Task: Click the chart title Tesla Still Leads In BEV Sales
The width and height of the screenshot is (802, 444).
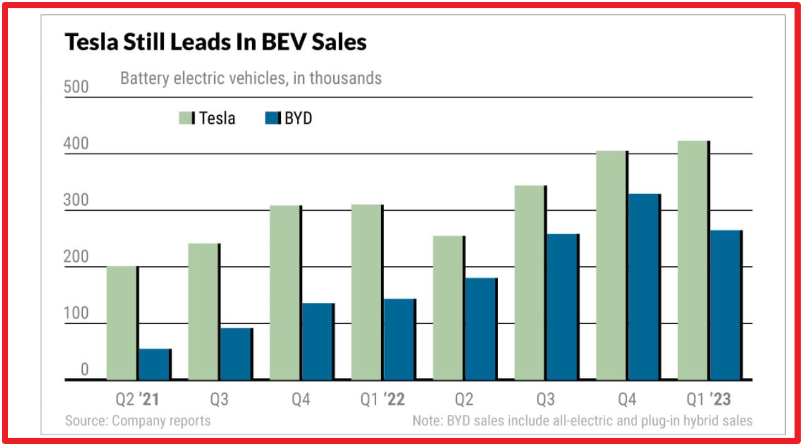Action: pos(216,42)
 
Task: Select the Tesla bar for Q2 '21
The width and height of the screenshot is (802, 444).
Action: pos(122,323)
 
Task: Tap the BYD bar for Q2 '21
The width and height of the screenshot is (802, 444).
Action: pos(154,364)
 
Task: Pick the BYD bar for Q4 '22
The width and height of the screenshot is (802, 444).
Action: pos(644,287)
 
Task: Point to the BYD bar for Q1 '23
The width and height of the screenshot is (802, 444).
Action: pos(725,305)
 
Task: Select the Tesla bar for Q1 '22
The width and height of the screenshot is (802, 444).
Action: pos(367,292)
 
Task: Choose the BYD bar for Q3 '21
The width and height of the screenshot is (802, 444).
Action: pos(236,354)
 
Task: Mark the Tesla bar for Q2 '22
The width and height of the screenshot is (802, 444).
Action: pos(448,308)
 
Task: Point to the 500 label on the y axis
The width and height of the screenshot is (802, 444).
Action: pos(77,88)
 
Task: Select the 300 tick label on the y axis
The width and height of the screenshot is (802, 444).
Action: pos(77,201)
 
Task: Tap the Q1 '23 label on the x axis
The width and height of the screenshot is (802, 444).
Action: pos(709,399)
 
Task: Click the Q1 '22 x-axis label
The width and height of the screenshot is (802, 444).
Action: pos(383,399)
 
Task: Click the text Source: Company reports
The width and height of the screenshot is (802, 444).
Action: pos(138,421)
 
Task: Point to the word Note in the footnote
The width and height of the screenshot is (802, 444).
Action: pos(427,421)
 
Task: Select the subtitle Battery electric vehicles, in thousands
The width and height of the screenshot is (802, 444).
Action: pos(251,79)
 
